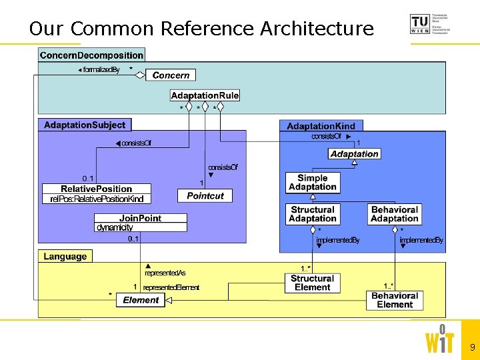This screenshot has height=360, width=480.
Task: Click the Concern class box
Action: pos(171,75)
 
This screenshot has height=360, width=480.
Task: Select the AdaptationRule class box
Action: pos(205,95)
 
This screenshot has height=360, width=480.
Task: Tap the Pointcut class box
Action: pos(205,195)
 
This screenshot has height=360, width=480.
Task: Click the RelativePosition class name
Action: pos(97,189)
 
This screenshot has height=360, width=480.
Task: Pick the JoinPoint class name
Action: pos(140,218)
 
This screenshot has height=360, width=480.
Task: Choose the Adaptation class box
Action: pos(354,154)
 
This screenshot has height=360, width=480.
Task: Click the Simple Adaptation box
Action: pos(313,183)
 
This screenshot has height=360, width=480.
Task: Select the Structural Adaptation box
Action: pos(313,214)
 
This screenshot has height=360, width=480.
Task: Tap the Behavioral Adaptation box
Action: pos(395,214)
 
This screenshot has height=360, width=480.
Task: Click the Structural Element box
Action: pos(312,283)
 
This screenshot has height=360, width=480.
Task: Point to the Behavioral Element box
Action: pos(395,300)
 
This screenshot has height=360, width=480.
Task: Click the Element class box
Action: pos(141,300)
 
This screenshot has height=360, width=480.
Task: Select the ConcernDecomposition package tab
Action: pos(91,55)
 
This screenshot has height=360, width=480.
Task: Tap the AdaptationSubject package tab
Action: pos(85,125)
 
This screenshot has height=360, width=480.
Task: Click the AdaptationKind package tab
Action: pos(321,125)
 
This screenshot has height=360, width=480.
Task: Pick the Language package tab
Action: pos(65,256)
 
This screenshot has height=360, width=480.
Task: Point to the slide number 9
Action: pos(472,347)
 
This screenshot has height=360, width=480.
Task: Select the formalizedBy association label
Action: pos(100,69)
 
